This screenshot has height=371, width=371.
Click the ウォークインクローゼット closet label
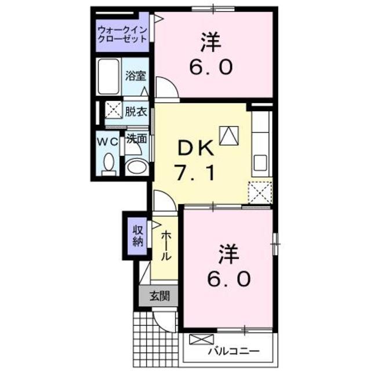point(122,33)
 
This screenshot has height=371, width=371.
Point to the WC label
point(107,141)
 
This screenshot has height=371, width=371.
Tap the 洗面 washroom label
point(136,139)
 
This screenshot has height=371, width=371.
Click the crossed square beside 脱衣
point(112,111)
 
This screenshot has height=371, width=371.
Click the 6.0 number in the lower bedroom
point(230,279)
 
